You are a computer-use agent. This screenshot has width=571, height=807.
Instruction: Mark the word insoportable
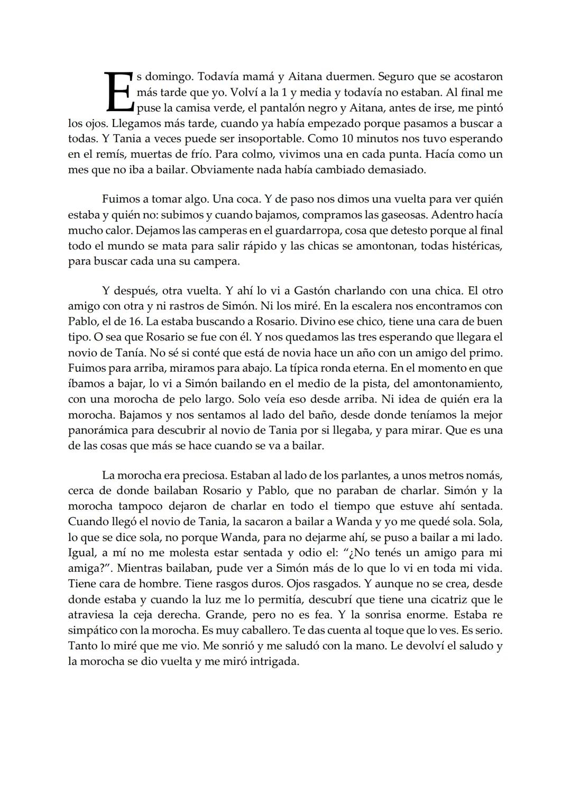(266, 139)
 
